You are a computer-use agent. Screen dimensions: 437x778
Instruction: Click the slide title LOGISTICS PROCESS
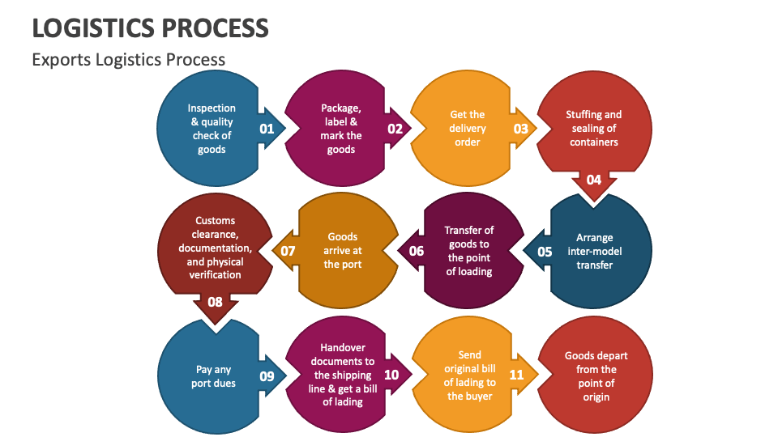pyautogui.click(x=150, y=28)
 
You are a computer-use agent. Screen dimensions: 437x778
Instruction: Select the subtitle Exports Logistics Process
pyautogui.click(x=128, y=59)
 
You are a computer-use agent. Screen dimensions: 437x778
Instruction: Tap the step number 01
pyautogui.click(x=267, y=128)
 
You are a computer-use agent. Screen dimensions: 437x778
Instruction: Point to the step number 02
pyautogui.click(x=395, y=128)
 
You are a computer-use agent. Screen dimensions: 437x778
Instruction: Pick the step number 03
pyautogui.click(x=520, y=128)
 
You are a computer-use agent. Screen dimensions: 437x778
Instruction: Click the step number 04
pyautogui.click(x=594, y=180)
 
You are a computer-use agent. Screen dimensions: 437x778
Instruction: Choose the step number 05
pyautogui.click(x=545, y=251)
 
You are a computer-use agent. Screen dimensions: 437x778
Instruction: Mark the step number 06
pyautogui.click(x=417, y=251)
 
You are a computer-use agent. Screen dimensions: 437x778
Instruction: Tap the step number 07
pyautogui.click(x=288, y=251)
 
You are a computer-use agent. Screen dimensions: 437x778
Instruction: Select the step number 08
pyautogui.click(x=215, y=302)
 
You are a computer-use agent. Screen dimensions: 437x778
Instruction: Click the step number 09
pyautogui.click(x=267, y=375)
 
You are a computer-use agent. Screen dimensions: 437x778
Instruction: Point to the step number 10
pyautogui.click(x=391, y=375)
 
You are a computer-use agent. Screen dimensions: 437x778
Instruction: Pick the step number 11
pyautogui.click(x=517, y=375)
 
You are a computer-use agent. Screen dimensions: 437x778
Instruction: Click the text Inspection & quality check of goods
pyautogui.click(x=212, y=129)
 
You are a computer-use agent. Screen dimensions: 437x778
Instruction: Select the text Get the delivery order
pyautogui.click(x=468, y=129)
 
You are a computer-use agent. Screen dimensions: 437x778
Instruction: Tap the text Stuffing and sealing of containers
pyautogui.click(x=594, y=129)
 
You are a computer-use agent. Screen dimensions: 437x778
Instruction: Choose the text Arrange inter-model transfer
pyautogui.click(x=594, y=251)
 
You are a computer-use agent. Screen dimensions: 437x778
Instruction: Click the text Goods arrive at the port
pyautogui.click(x=343, y=251)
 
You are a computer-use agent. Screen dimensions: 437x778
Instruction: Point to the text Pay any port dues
pyautogui.click(x=214, y=376)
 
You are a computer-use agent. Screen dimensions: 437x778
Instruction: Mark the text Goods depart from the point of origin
pyautogui.click(x=596, y=376)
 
